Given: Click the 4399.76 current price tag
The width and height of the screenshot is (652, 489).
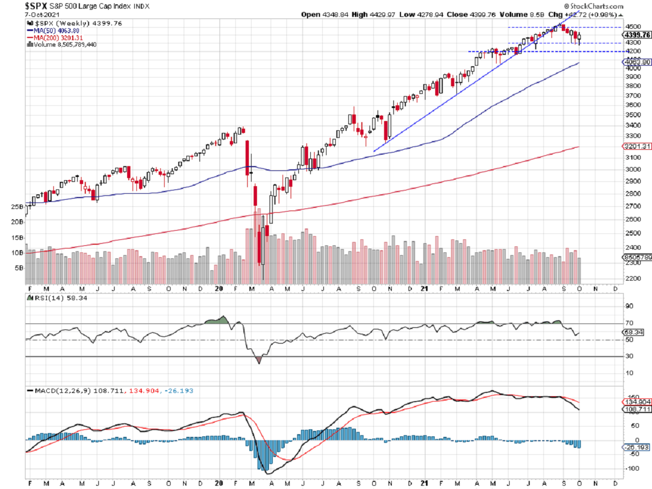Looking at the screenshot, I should pyautogui.click(x=637, y=35).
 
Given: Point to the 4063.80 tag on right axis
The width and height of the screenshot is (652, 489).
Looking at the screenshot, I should pyautogui.click(x=636, y=62).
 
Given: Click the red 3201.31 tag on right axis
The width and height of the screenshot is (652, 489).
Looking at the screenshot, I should pyautogui.click(x=636, y=147).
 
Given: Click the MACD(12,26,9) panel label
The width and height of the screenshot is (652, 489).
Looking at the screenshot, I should pyautogui.click(x=57, y=390).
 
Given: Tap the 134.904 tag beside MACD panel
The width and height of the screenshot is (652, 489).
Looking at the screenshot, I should pyautogui.click(x=636, y=402).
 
